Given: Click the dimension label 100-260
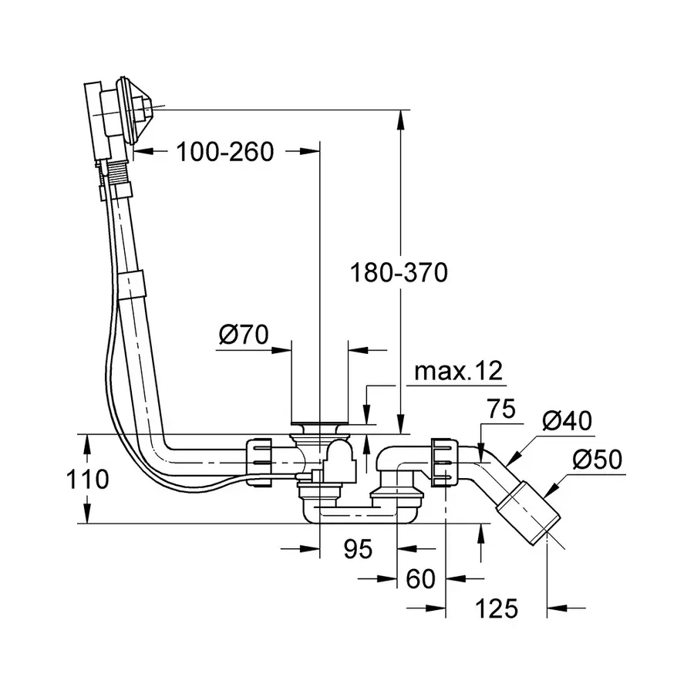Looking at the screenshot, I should tap(224, 152).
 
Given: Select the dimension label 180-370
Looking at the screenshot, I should tap(399, 272).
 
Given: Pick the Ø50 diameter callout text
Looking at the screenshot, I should tap(596, 460).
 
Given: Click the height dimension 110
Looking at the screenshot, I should tap(86, 480).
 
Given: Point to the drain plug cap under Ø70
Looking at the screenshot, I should tap(319, 424).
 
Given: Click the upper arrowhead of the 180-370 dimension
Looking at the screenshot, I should tap(400, 118).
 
